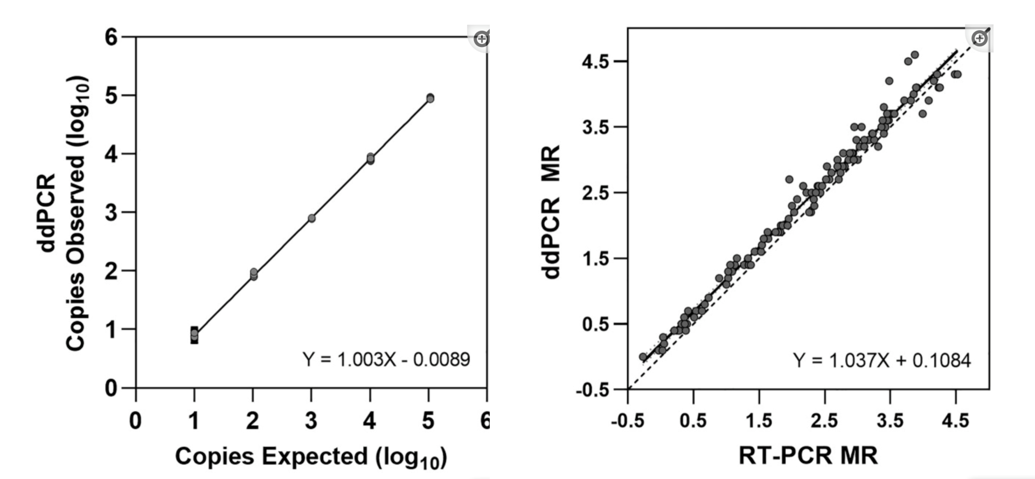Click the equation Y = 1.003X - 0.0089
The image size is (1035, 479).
coord(386,359)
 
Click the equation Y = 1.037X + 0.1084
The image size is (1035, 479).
coord(881,360)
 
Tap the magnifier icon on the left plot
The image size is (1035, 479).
coord(481,39)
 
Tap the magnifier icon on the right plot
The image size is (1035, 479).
coord(980,38)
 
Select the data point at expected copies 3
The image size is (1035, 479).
coord(311,218)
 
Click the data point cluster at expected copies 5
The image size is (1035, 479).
coord(429,98)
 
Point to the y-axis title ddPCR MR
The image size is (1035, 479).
coord(552,211)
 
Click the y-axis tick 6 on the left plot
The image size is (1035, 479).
coord(111,37)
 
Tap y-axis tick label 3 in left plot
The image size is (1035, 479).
coord(111,213)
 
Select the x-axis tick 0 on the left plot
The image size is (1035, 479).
coord(135,421)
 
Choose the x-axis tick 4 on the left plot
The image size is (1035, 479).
coord(370,421)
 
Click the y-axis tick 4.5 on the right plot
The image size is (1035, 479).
coord(595,61)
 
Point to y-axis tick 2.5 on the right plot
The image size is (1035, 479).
coord(595,193)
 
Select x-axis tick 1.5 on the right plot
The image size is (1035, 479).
coord(759,420)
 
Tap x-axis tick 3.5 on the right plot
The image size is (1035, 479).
coord(890,420)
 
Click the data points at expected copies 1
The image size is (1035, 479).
coord(194,334)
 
